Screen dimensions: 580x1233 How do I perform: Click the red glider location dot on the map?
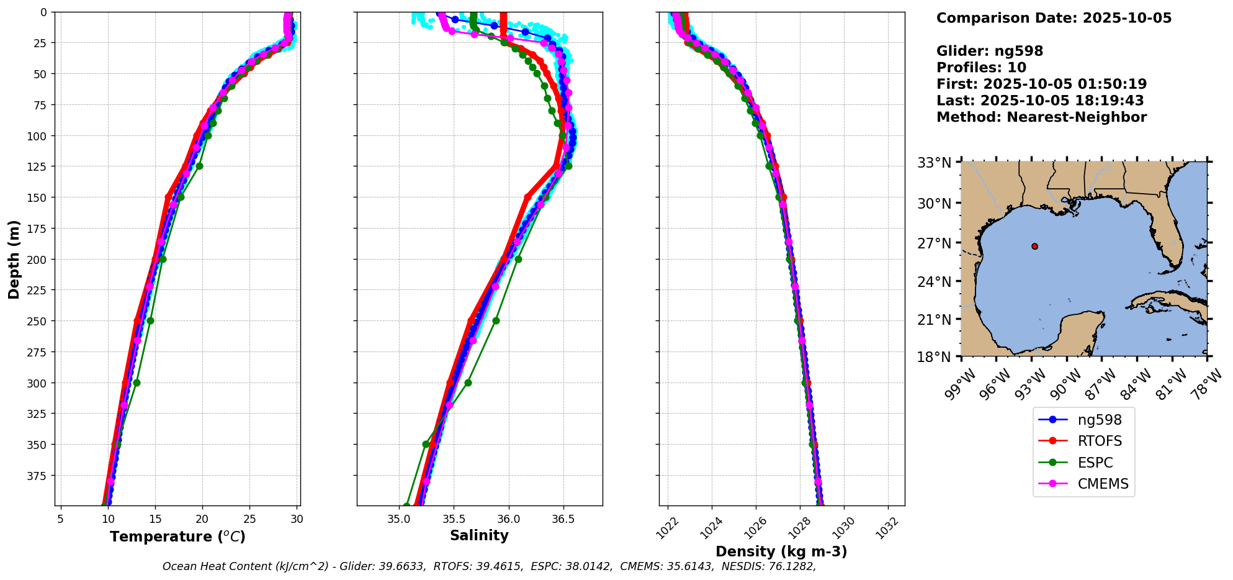[x=1034, y=246]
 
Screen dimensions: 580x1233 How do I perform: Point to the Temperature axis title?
[x=177, y=537]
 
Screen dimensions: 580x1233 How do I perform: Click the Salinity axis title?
[x=479, y=535]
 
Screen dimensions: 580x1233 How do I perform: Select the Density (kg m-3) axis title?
[x=781, y=551]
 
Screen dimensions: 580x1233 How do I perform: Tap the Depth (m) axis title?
[x=14, y=259]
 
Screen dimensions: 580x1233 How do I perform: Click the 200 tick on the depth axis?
[x=38, y=259]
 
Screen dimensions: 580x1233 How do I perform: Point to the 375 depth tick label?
[x=38, y=476]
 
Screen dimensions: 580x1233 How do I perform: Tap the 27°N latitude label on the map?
[x=934, y=243]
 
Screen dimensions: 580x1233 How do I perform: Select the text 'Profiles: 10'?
[x=981, y=68]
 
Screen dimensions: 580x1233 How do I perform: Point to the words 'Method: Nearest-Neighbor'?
[x=1041, y=117]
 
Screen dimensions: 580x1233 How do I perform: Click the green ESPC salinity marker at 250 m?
[x=496, y=321]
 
